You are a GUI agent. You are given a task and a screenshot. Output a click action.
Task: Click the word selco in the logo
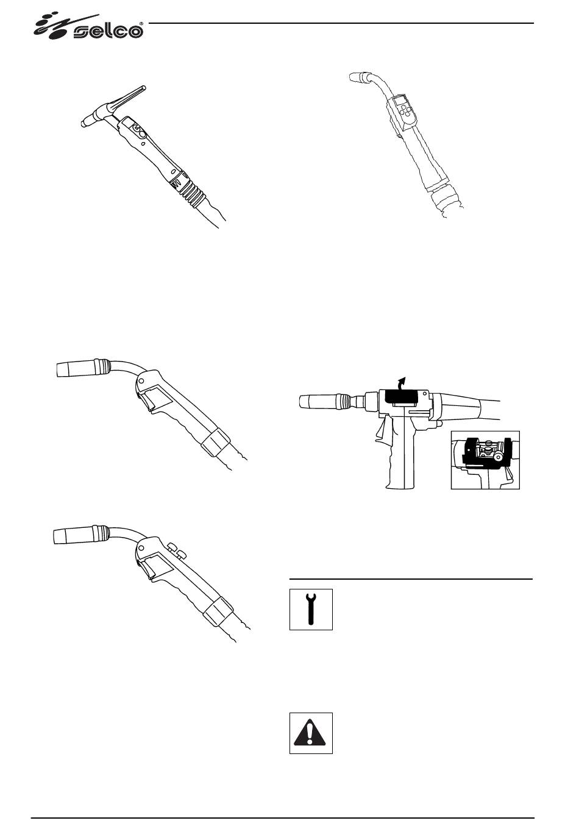108,32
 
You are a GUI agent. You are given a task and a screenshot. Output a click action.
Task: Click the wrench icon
311,609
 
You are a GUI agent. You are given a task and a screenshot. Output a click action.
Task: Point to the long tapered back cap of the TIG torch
127,98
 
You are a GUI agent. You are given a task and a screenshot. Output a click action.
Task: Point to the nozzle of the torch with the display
358,77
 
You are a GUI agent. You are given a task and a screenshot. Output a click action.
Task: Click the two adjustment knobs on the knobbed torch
177,550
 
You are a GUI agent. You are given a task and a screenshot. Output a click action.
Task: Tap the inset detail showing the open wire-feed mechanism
485,460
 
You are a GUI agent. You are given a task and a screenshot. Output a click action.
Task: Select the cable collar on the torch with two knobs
218,610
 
